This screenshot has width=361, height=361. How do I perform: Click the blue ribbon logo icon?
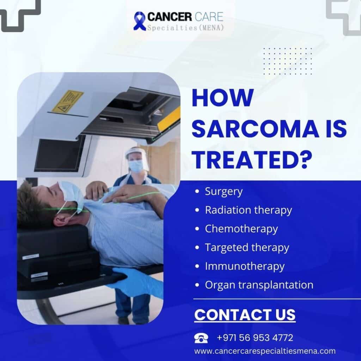tap(139, 21)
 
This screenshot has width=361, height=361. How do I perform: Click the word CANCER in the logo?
tap(170, 17)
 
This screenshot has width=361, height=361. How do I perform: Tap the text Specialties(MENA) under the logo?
tap(185, 28)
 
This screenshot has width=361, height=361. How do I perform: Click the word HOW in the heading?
tap(223, 98)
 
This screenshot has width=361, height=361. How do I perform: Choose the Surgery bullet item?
tap(224, 191)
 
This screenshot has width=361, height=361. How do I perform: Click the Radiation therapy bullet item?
tap(249, 210)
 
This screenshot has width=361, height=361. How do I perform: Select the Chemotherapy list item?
tap(241, 229)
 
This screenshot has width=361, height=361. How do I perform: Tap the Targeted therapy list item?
tap(247, 248)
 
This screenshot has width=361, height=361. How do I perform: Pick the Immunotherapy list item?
tap(245, 267)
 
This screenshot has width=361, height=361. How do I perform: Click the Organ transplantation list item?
tap(259, 285)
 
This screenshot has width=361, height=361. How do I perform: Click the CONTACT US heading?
tap(245, 315)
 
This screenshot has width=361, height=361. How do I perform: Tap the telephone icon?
tap(201, 338)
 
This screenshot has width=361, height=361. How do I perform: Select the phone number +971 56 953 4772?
tap(255, 338)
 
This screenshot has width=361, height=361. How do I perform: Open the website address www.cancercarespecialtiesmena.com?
tap(265, 351)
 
